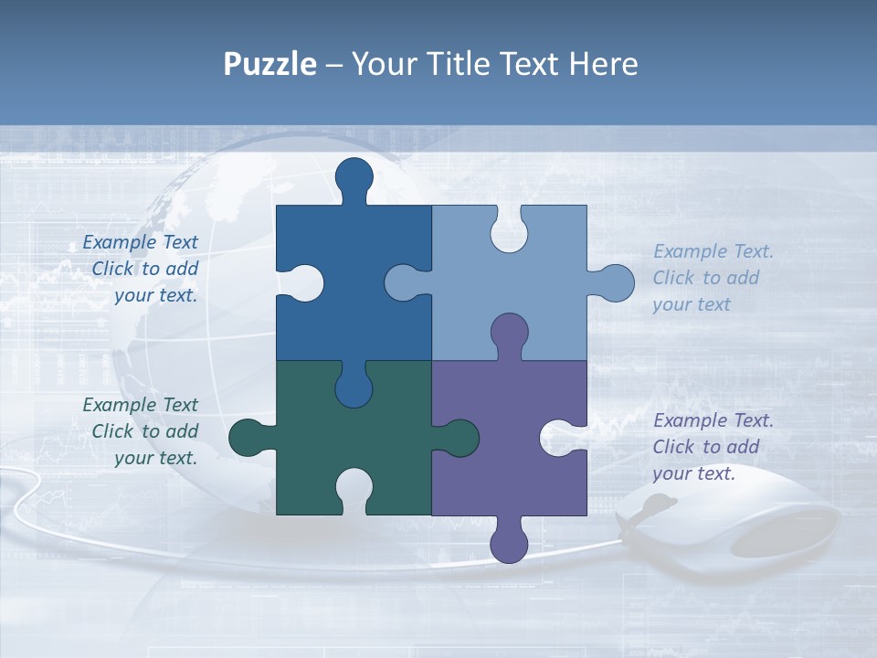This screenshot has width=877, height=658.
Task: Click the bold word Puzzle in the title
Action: pyautogui.click(x=269, y=64)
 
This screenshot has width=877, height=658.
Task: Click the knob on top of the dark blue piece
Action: pyautogui.click(x=354, y=175)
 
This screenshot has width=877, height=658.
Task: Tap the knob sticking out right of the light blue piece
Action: pyautogui.click(x=617, y=282)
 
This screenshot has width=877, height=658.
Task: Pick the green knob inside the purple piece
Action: pyautogui.click(x=460, y=437)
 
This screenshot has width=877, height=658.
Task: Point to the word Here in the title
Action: pyautogui.click(x=603, y=64)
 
